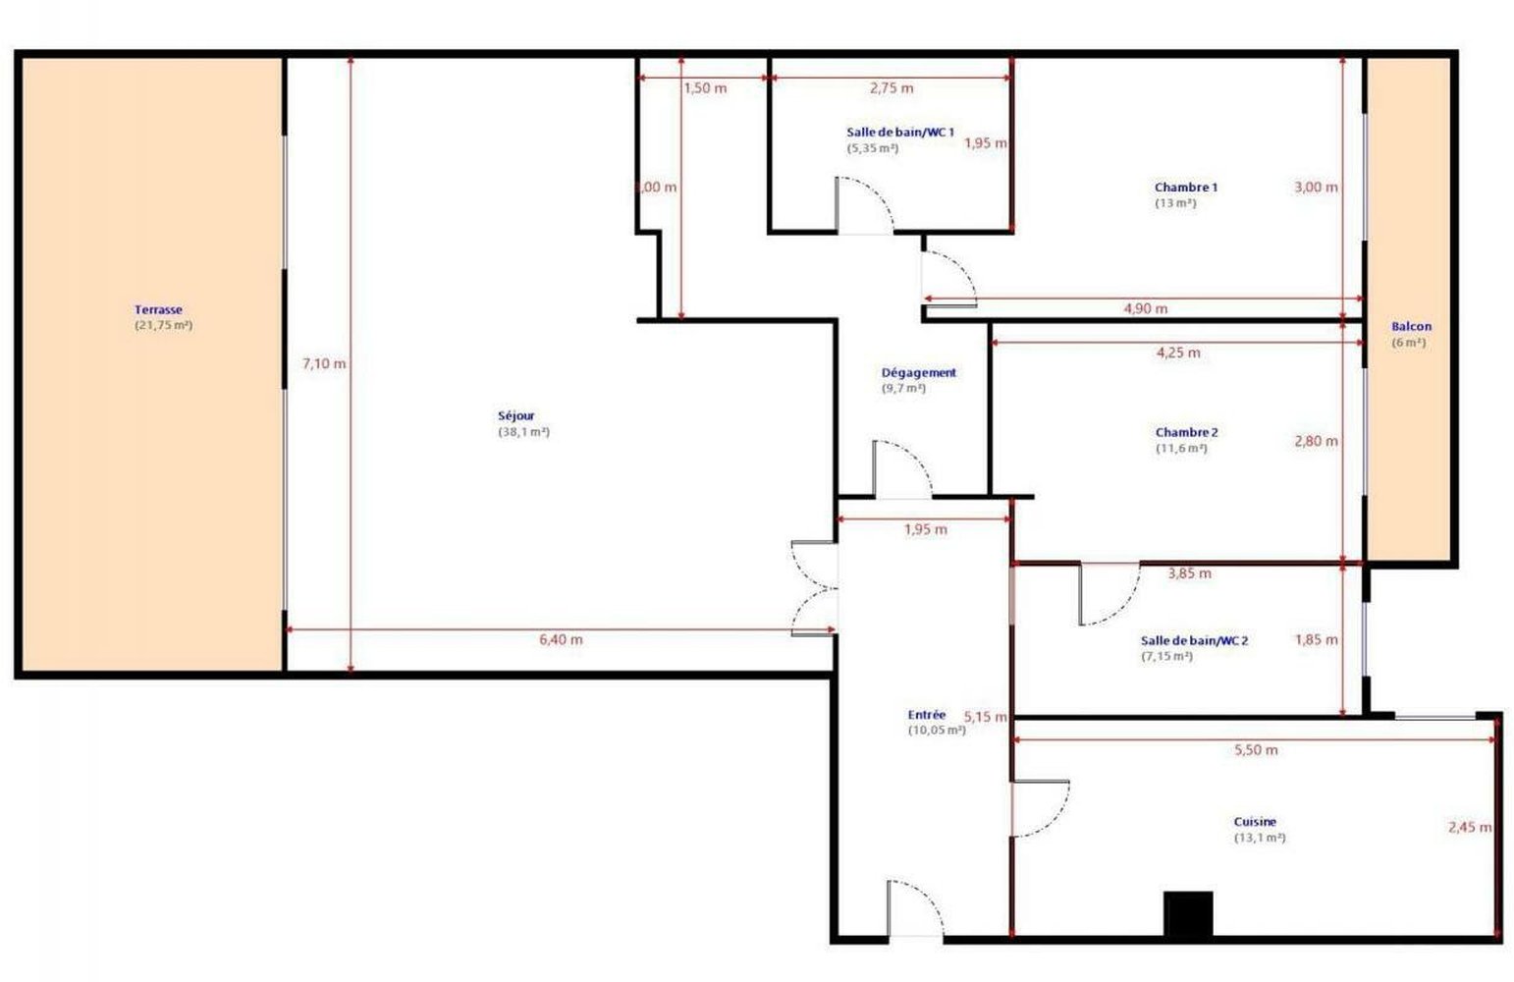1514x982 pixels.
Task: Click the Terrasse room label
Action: (x=158, y=310)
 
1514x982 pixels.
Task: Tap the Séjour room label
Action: (x=516, y=416)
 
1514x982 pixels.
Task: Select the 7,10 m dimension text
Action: (x=324, y=363)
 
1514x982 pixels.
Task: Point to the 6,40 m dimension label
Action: (x=561, y=639)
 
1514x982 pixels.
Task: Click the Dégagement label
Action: (x=918, y=373)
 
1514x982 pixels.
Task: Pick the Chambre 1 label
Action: (x=1186, y=188)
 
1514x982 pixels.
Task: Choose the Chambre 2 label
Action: (x=1186, y=433)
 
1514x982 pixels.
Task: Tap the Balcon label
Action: (x=1411, y=327)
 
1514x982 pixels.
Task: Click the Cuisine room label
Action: (x=1255, y=822)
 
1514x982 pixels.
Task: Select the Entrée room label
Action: (x=926, y=715)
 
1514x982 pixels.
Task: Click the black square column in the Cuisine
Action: (x=1188, y=914)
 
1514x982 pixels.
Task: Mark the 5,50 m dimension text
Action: (x=1256, y=750)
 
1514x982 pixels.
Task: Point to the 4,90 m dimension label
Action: (x=1145, y=308)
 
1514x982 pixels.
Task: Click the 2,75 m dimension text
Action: (x=892, y=88)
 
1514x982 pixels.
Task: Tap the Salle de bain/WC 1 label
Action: (x=899, y=132)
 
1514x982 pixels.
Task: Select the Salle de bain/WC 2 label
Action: (x=1194, y=641)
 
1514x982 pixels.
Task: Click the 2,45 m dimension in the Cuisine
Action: (x=1469, y=828)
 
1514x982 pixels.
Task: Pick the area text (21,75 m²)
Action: (x=163, y=325)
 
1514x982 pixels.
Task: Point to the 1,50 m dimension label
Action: (x=705, y=88)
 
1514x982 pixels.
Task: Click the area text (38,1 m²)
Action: (x=523, y=432)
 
